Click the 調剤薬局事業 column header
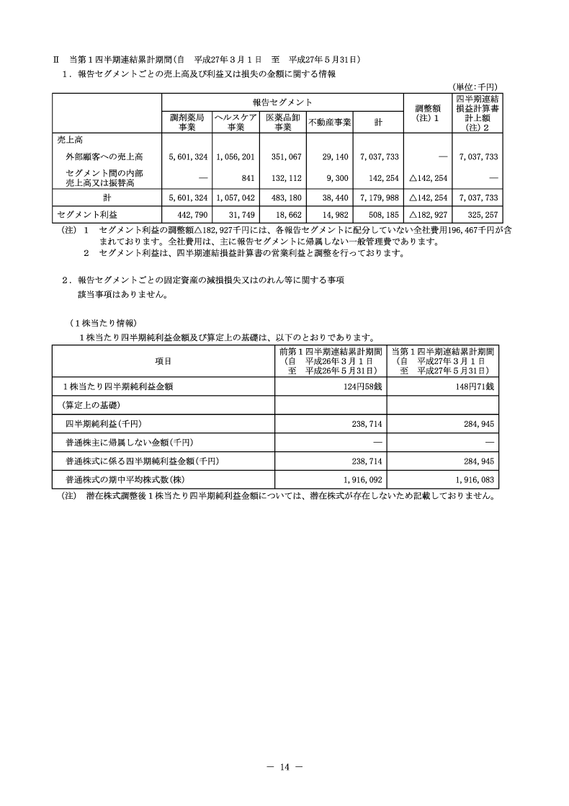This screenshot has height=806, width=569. click(x=187, y=122)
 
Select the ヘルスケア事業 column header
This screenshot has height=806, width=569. click(x=236, y=122)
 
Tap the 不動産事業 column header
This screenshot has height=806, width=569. click(x=329, y=122)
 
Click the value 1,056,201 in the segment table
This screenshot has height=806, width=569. click(x=236, y=156)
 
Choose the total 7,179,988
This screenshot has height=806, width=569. click(x=377, y=198)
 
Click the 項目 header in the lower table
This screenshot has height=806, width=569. click(x=163, y=361)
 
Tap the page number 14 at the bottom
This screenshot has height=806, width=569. click(x=284, y=767)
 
